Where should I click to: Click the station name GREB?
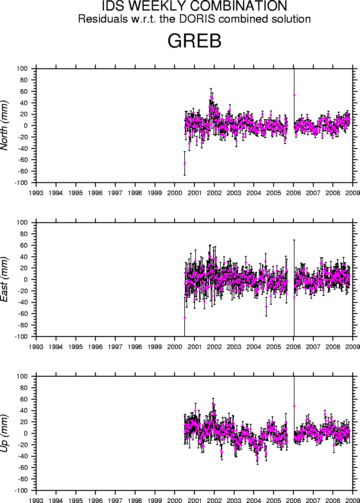195,41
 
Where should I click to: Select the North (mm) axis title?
4,126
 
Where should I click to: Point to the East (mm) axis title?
4,279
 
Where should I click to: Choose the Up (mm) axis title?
4,433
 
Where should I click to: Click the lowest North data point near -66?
185,164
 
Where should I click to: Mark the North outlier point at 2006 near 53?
294,95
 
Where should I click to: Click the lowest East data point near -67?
185,318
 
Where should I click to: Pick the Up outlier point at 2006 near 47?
294,406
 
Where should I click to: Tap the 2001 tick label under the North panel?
195,193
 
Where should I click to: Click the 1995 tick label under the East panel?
76,347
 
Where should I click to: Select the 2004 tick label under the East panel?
254,347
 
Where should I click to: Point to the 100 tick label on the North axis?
22,69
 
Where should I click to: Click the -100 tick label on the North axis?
21,183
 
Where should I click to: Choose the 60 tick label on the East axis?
24,245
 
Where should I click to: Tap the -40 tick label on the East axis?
23,303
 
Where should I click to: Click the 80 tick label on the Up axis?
24,388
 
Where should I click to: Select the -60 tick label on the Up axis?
23,468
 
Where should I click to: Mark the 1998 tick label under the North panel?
135,193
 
